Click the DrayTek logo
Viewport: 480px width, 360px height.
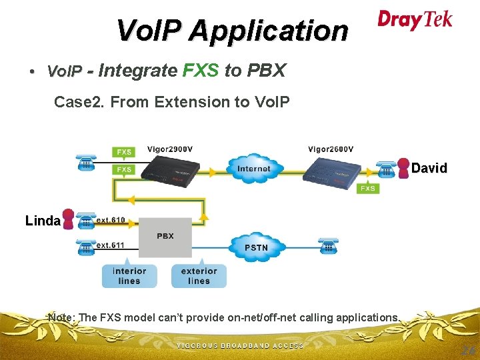(415, 20)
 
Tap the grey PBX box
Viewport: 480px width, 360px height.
(165, 237)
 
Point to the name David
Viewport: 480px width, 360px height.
(429, 168)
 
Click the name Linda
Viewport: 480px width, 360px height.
(43, 221)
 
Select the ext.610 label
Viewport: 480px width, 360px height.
(111, 220)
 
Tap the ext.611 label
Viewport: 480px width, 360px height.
(111, 245)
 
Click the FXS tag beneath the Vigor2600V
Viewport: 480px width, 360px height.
(368, 189)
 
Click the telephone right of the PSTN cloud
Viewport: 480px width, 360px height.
(327, 246)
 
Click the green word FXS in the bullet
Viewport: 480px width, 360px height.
(200, 70)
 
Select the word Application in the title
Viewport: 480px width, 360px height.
(268, 30)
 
